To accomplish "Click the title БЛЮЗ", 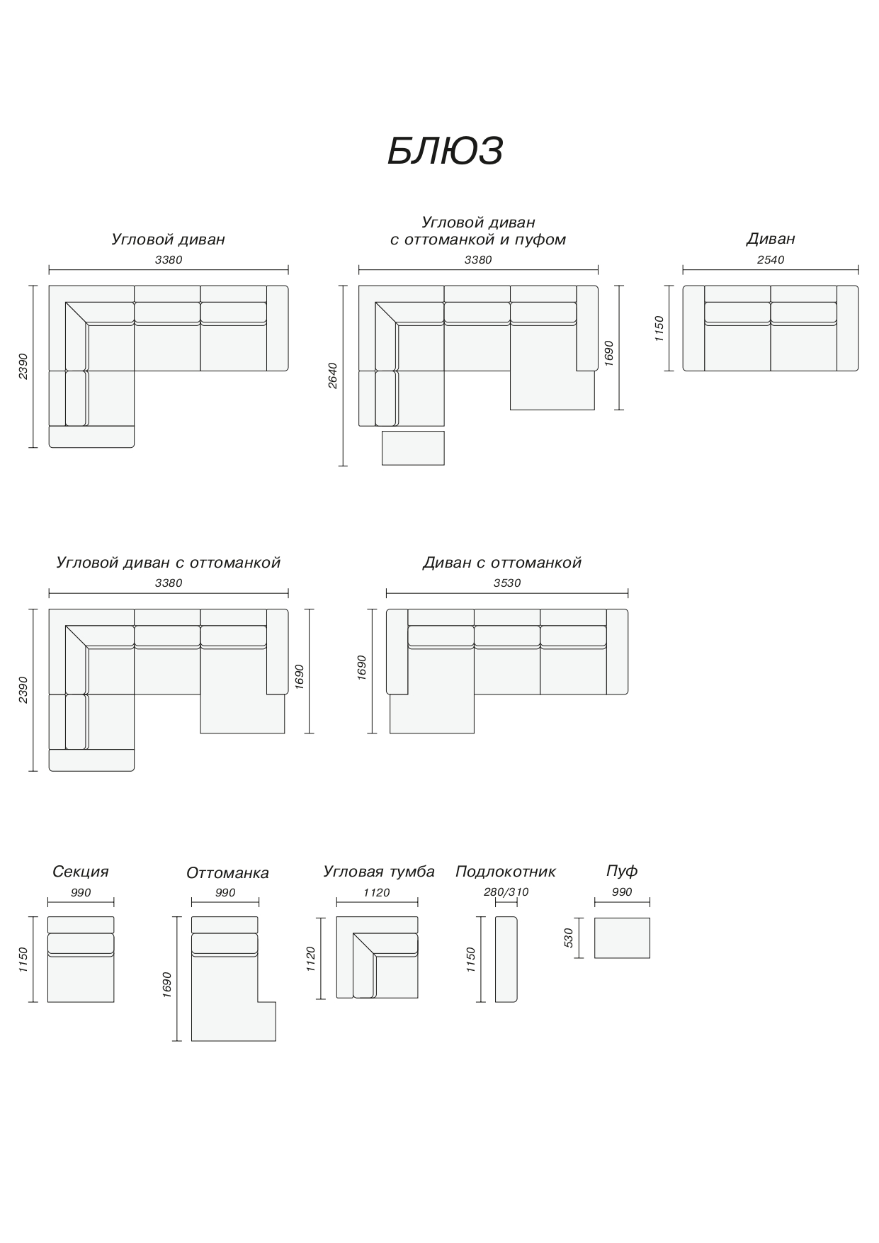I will pos(445,151).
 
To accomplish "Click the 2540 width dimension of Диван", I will pos(770,260).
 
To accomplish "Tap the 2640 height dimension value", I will pos(333,376).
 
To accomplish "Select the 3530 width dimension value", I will pos(506,583).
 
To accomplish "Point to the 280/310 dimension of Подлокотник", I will pos(506,892).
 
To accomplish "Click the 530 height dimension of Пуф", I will pos(568,938).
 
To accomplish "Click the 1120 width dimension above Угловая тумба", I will pos(376,893).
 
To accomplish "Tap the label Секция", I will pos(81,872).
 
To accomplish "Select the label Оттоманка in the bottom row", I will pos(227,873).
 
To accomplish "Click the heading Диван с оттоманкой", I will pos(501,563).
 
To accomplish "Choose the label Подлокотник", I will pos(505,872).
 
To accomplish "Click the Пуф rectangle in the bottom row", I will pos(621,938).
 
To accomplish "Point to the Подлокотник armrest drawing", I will pos(506,960).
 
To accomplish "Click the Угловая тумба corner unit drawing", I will pos(377,957).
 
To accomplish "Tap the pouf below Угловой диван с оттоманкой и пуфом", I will pos(413,448).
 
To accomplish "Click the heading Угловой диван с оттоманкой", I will pos(168,563).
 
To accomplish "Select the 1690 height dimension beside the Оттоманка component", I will pos(166,984).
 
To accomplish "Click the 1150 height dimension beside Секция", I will pos(23,960).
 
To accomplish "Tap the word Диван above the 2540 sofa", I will pos(770,239).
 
